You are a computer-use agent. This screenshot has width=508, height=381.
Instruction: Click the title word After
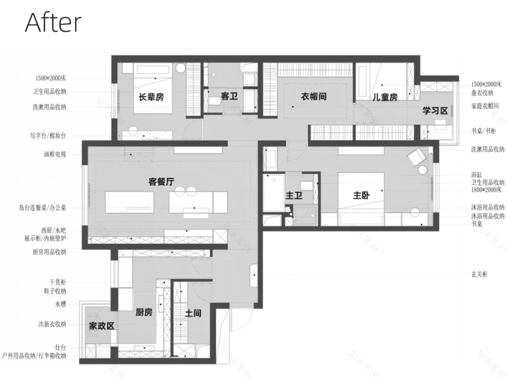(53, 23)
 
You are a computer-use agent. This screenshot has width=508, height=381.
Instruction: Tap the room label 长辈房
(151, 97)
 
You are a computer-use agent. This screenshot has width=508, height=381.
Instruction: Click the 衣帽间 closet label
(313, 96)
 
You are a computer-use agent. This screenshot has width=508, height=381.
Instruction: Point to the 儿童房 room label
(384, 97)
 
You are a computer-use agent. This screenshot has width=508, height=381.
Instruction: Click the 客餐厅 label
(162, 181)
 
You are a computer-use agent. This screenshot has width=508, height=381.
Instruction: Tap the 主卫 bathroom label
(294, 196)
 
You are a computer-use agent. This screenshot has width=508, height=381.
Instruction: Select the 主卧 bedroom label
(361, 196)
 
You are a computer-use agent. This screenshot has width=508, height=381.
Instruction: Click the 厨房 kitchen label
(144, 312)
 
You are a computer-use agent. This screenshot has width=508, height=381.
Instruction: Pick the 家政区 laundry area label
(101, 326)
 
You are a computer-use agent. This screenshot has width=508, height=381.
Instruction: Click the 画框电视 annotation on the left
(55, 154)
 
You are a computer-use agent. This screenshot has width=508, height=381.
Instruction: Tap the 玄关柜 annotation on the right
(479, 274)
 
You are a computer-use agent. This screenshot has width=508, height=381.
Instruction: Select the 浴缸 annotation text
(476, 173)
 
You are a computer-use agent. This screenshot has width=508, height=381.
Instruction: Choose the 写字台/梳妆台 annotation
(49, 136)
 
